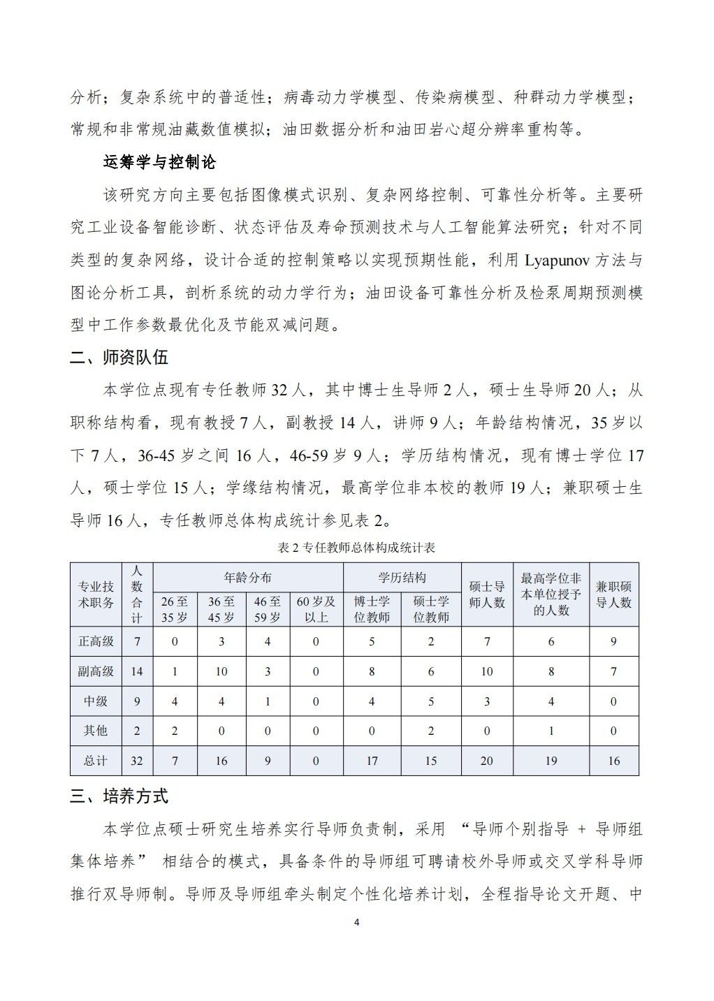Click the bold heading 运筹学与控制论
click(159, 163)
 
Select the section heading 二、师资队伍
click(119, 358)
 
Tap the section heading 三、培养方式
click(119, 796)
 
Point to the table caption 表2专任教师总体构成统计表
click(356, 548)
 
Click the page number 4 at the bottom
click(356, 922)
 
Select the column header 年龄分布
click(248, 578)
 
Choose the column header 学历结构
click(402, 578)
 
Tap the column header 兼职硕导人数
click(613, 594)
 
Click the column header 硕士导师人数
click(487, 594)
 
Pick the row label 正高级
click(96, 641)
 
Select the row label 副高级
click(96, 671)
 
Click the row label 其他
click(96, 731)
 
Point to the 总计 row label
click(96, 761)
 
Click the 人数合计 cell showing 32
click(137, 761)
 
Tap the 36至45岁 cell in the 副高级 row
click(221, 671)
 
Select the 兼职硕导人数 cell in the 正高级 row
click(613, 641)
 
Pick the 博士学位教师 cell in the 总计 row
click(372, 761)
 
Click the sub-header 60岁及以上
click(316, 609)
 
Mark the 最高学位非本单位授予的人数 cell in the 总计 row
click(551, 761)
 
